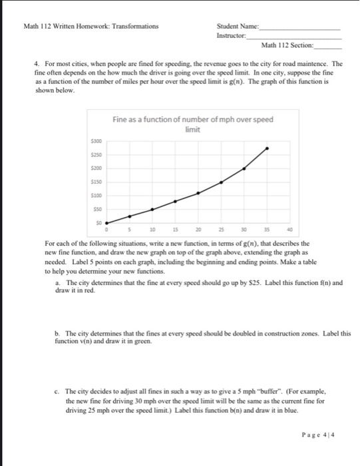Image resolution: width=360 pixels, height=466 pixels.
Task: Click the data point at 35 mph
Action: tap(268, 148)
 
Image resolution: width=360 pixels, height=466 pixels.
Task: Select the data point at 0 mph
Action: tap(106, 223)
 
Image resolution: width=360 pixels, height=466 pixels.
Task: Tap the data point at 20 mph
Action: tap(198, 193)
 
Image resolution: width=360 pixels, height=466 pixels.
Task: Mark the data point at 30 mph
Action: tap(244, 168)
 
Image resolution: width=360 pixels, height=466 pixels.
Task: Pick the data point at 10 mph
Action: tap(152, 209)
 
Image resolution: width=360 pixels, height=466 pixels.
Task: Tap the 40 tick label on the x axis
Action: tap(289, 228)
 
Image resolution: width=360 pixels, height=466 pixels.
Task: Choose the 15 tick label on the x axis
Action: tap(175, 228)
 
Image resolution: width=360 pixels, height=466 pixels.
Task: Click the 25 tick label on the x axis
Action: tap(221, 228)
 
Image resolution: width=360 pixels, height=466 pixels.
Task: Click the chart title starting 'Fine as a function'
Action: tap(192, 124)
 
